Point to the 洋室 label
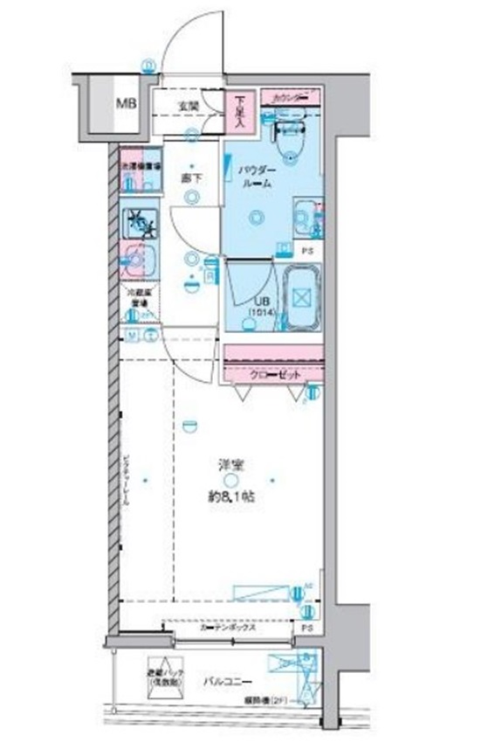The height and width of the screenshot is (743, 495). [x=230, y=466]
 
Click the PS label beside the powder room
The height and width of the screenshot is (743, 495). [x=306, y=251]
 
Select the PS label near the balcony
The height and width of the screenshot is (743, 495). [x=306, y=628]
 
